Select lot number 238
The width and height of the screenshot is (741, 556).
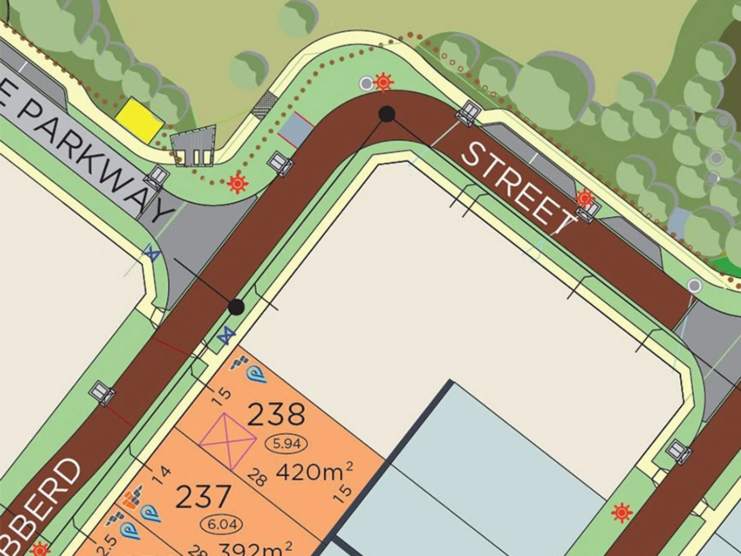[x=276, y=414]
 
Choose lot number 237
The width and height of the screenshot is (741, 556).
[x=203, y=497]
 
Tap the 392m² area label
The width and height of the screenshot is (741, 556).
[x=256, y=548]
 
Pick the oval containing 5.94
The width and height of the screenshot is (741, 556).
[x=287, y=443]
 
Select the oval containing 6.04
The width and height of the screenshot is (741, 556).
[x=222, y=525]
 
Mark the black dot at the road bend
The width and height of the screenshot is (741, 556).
[x=387, y=113]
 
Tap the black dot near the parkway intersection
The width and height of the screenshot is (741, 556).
[x=236, y=307]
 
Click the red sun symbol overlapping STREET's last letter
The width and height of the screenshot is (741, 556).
[x=584, y=198]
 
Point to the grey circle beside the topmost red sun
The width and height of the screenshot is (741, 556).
[x=366, y=83]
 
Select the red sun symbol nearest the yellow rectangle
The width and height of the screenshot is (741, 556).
[x=236, y=183]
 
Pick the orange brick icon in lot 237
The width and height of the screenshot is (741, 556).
[x=133, y=499]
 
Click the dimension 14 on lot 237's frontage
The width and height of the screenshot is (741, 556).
[x=163, y=473]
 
